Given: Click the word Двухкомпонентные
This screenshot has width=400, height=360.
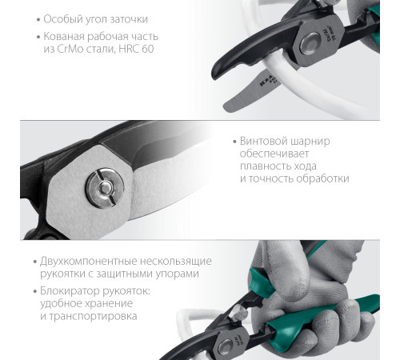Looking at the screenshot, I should coord(93,261).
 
